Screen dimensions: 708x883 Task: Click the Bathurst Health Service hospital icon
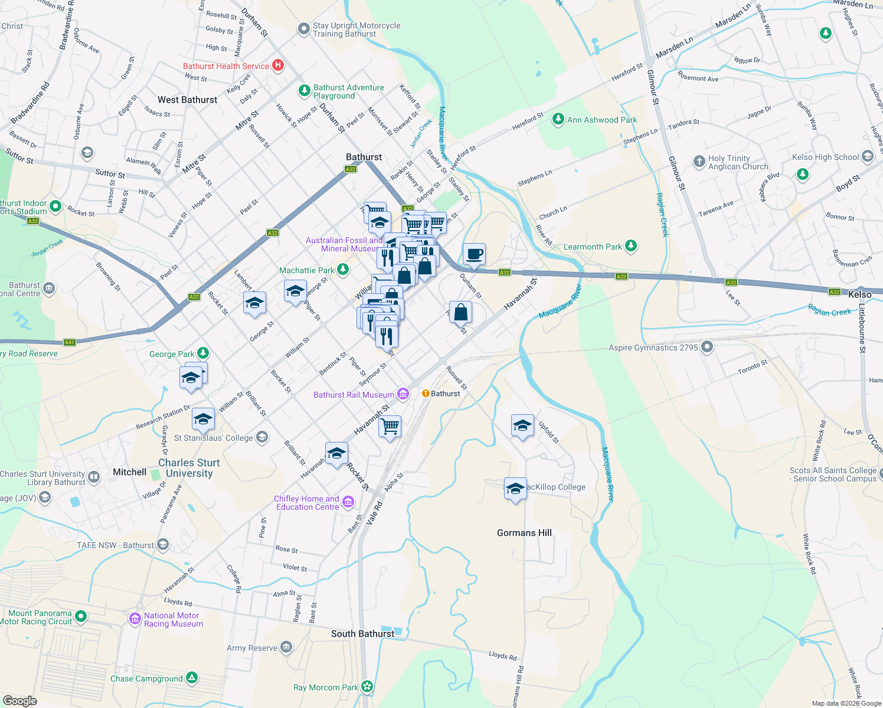(278, 66)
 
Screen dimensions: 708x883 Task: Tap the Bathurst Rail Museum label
(354, 395)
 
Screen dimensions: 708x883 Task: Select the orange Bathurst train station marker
(426, 394)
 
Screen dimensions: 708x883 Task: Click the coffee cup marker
(474, 254)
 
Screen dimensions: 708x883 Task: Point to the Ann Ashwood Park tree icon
(558, 120)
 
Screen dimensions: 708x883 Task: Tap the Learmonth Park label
(593, 247)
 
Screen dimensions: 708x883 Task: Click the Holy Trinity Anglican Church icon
(699, 162)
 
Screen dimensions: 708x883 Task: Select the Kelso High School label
(825, 157)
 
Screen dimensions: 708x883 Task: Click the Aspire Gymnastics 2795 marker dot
(707, 348)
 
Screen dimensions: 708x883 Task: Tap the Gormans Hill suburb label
(524, 533)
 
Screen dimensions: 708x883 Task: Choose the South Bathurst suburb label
(362, 634)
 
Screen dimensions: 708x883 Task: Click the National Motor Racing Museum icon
(135, 619)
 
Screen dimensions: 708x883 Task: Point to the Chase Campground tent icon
(192, 678)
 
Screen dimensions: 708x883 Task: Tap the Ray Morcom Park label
(325, 687)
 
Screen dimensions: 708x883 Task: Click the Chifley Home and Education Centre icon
(348, 502)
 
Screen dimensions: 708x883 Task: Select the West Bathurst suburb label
(187, 100)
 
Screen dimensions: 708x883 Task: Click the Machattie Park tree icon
(342, 270)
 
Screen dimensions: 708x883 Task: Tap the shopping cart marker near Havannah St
(390, 425)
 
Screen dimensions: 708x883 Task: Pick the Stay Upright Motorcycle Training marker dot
(303, 29)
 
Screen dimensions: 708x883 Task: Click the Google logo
(20, 700)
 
